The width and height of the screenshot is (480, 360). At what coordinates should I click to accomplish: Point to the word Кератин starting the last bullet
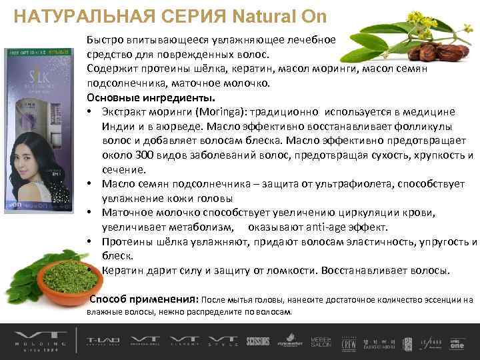pyautogui.click(x=124, y=271)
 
